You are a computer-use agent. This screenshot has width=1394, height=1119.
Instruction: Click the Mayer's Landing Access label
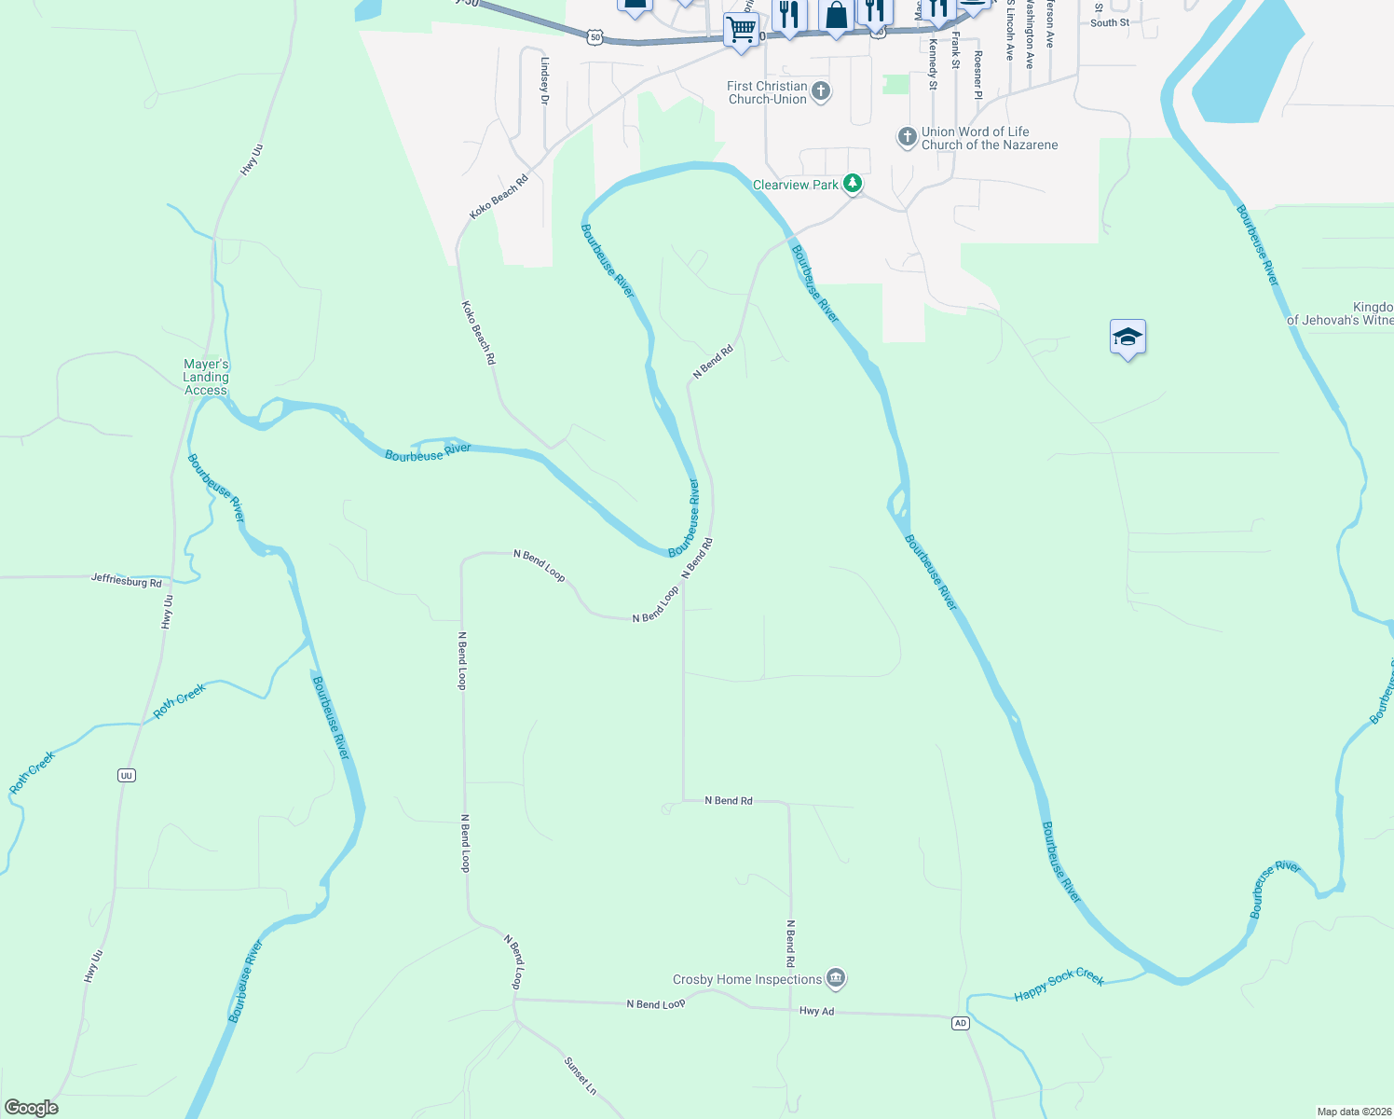coord(206,377)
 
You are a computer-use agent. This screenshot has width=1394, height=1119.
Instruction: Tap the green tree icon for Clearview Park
coord(853,184)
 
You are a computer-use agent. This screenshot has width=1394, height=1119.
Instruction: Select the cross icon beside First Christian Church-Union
coord(821,91)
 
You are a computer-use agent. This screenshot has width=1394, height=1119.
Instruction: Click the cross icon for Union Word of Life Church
coord(907,138)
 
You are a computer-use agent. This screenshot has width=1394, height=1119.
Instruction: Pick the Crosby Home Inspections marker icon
coord(836,978)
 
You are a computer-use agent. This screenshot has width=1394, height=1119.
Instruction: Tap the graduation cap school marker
coord(1127,338)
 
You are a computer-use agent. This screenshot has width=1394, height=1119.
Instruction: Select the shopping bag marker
coord(837,16)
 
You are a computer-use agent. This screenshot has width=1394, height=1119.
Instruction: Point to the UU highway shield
coord(127,775)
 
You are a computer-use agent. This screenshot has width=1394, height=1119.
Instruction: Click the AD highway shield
coord(960,1023)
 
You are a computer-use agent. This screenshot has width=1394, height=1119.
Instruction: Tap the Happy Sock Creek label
coord(1059,983)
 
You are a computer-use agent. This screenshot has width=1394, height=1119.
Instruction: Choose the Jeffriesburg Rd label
coord(127,580)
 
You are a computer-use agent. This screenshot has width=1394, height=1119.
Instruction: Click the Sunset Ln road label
coord(580,1075)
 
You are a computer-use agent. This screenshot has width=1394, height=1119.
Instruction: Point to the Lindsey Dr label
coord(545,80)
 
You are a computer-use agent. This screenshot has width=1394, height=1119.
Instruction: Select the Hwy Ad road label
coord(816,1011)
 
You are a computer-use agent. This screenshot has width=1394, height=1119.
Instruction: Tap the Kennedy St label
coord(933,64)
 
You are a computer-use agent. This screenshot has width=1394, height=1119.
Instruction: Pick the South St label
coord(1110,22)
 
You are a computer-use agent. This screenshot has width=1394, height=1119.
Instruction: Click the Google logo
coord(31,1108)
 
